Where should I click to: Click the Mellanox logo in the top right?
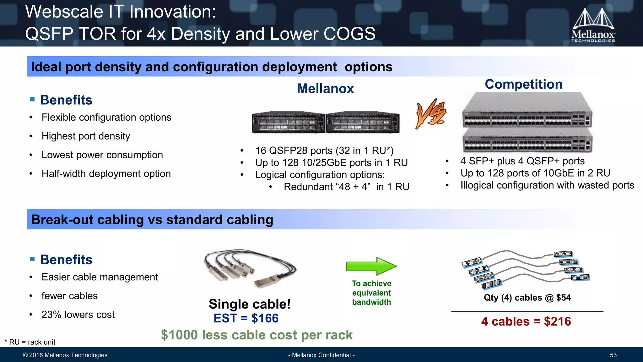(593, 25)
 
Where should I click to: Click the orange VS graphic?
(431, 114)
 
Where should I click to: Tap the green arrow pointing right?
(371, 266)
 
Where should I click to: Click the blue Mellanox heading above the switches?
(325, 89)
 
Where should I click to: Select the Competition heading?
(523, 84)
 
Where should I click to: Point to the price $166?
(265, 318)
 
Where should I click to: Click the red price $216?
(557, 321)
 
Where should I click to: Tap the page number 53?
(613, 355)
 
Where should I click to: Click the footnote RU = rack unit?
(30, 342)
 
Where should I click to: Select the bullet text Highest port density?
(86, 136)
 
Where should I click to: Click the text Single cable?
(250, 304)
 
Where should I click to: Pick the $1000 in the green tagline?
(180, 335)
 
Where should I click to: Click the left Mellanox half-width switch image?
(288, 122)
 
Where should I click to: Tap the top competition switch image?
(527, 110)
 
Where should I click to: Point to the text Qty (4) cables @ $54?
(527, 298)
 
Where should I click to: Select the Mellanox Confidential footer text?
(321, 355)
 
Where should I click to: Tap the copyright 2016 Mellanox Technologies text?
(65, 355)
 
